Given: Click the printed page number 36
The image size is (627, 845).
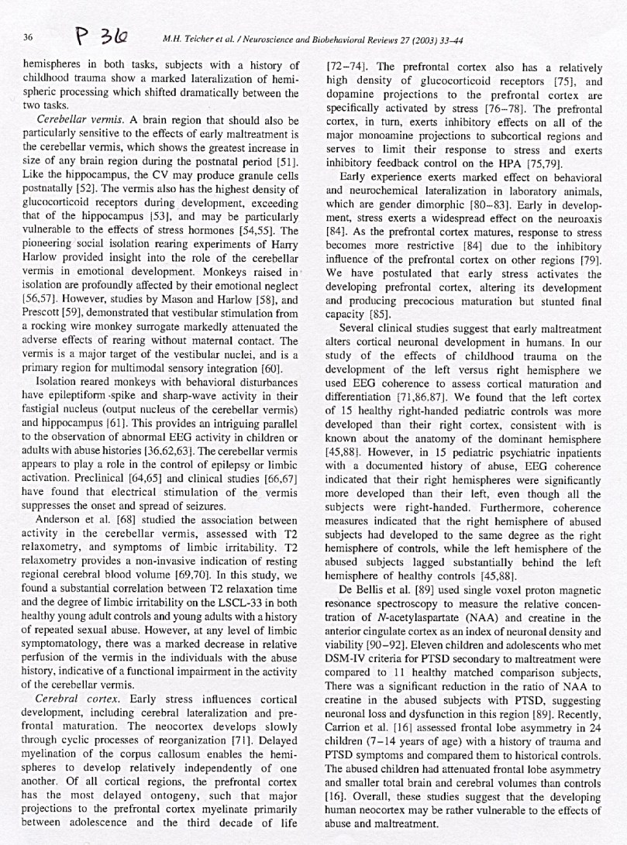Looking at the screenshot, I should (27, 37).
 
